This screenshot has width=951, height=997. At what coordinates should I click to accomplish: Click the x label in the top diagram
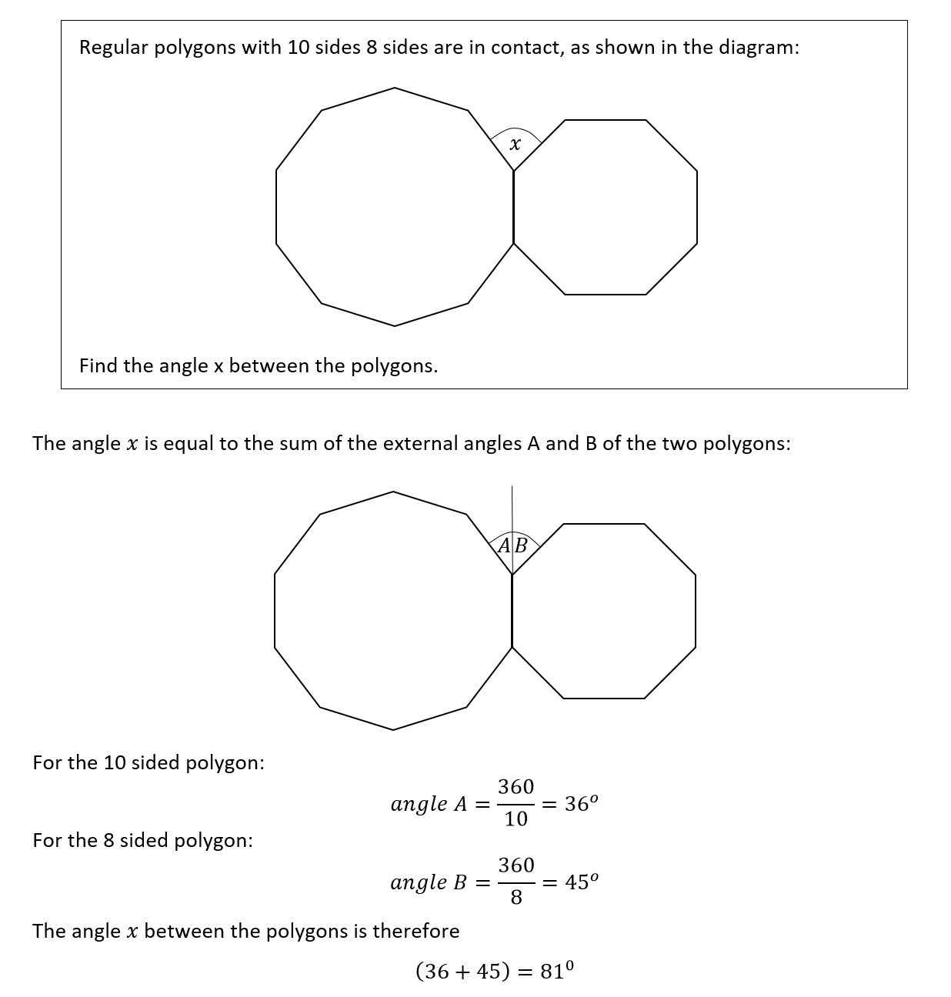click(x=515, y=145)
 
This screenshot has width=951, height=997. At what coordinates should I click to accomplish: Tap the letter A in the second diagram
click(x=504, y=546)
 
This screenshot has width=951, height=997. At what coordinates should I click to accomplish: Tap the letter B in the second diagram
click(x=521, y=546)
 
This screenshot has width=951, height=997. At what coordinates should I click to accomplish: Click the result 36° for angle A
click(x=581, y=804)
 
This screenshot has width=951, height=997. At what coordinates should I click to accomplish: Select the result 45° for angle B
click(x=581, y=882)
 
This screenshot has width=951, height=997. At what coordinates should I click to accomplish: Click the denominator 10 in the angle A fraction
click(x=516, y=819)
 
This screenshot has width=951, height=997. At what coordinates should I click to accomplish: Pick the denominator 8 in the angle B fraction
click(x=516, y=898)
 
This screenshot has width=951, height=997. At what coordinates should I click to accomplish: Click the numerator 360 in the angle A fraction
click(x=516, y=787)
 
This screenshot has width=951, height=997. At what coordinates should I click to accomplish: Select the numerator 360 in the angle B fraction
click(x=516, y=865)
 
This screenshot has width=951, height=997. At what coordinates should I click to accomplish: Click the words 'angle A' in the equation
click(x=429, y=805)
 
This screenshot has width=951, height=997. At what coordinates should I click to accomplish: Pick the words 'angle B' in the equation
click(x=429, y=882)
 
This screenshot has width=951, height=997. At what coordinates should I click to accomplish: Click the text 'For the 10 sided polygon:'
click(x=148, y=762)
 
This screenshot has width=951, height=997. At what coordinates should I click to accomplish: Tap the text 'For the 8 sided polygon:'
click(x=143, y=840)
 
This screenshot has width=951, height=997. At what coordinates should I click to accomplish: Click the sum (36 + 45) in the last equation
click(x=462, y=972)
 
